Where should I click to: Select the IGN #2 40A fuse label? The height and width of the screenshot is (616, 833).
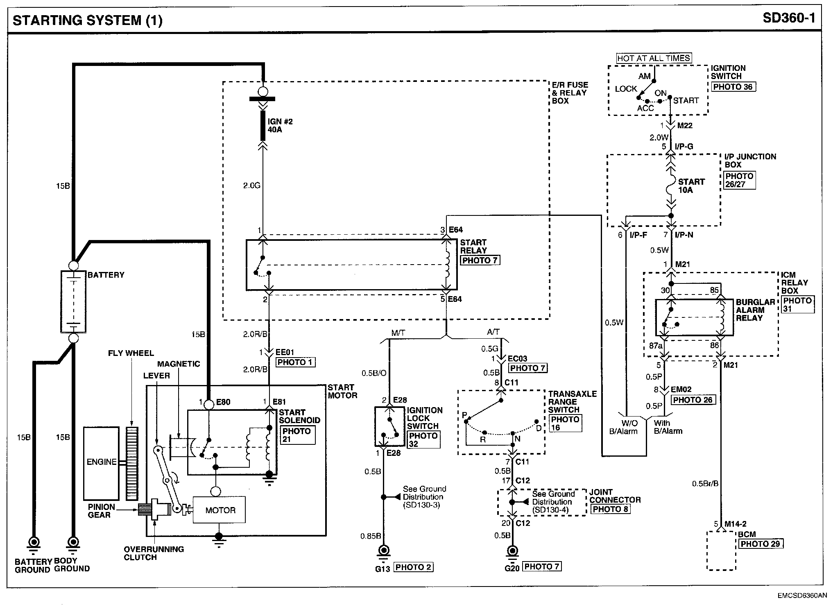click(280, 126)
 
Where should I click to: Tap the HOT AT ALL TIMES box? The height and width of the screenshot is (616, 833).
click(654, 58)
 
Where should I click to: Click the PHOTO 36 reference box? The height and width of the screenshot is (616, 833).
click(733, 87)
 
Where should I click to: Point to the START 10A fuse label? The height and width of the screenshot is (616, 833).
click(691, 186)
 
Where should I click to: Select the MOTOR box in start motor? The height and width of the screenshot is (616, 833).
click(220, 510)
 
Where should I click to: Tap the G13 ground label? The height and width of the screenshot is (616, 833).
click(383, 568)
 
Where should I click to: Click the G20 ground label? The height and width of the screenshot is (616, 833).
click(512, 568)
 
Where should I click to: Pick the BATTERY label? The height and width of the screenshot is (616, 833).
click(106, 275)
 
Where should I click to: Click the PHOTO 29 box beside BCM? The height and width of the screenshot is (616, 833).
click(761, 544)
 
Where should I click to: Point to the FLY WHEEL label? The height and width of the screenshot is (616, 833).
click(131, 353)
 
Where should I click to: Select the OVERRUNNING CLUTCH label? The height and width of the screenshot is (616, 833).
click(154, 553)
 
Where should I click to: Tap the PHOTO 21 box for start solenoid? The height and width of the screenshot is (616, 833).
click(298, 435)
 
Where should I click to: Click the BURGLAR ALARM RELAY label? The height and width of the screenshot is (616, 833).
click(755, 310)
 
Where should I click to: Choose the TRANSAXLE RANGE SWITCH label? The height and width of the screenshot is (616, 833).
click(572, 402)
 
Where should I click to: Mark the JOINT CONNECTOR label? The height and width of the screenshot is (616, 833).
click(615, 496)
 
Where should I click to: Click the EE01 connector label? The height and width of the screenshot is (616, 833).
click(285, 352)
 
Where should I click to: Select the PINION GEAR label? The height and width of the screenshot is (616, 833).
click(101, 511)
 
